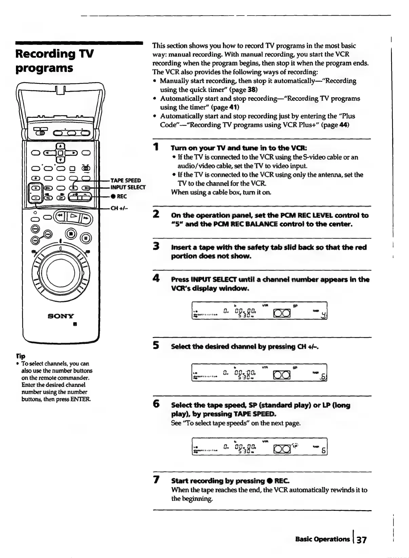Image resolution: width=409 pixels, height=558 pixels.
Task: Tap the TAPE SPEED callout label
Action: pos(126,180)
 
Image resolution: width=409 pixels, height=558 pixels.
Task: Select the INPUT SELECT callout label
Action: pos(128,187)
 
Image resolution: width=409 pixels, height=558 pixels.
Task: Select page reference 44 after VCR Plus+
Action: pos(344,125)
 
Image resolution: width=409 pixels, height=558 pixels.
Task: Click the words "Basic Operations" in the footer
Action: pos(322,539)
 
